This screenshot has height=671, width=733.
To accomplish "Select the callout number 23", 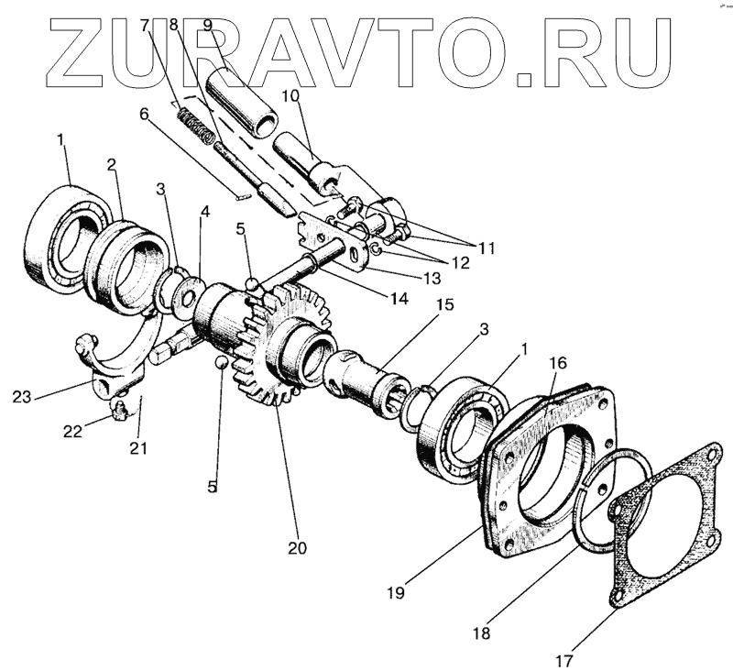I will (22, 397).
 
